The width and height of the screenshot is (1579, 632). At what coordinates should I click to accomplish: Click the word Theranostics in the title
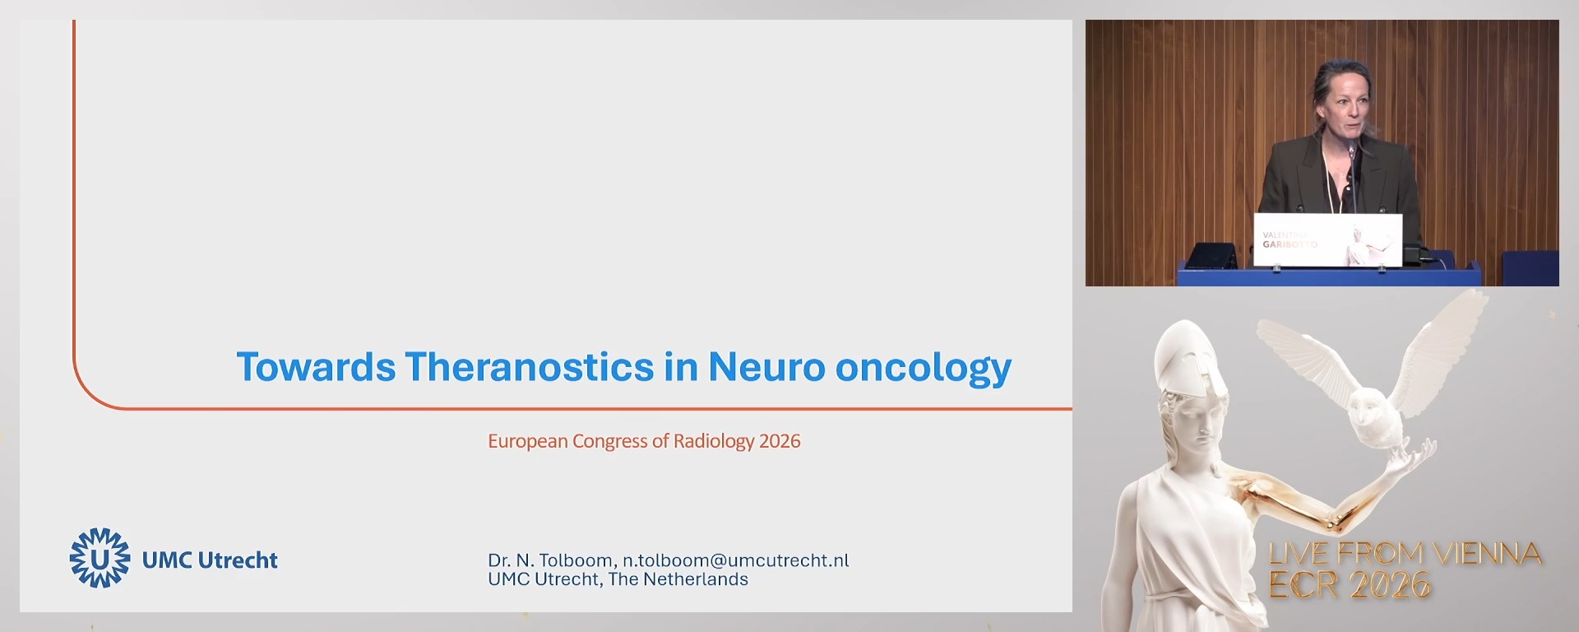click(529, 367)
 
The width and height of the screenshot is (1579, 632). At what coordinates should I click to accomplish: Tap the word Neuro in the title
click(766, 367)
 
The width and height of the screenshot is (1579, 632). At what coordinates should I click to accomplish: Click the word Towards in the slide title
click(316, 367)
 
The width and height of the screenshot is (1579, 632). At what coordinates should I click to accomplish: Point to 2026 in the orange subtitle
click(780, 441)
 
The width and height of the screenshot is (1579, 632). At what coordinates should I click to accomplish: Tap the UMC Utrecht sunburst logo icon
click(100, 558)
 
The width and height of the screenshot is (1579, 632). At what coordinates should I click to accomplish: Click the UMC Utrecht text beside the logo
click(210, 560)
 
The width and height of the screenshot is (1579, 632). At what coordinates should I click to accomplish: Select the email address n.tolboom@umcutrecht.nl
click(735, 560)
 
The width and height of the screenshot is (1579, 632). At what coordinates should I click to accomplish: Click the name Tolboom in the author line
click(576, 560)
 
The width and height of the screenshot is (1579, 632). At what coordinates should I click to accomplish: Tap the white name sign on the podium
click(1327, 239)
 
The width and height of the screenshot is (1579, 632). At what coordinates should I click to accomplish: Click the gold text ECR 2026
click(1350, 585)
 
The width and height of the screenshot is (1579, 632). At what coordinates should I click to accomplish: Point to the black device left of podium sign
click(1211, 255)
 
